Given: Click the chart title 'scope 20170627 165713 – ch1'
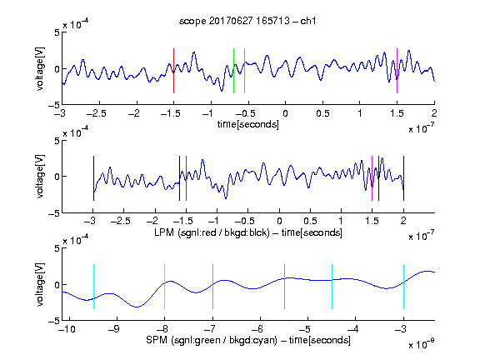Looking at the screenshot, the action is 247,21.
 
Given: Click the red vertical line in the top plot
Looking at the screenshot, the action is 174,71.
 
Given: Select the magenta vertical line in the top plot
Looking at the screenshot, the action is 397,71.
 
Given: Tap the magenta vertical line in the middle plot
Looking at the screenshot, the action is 372,178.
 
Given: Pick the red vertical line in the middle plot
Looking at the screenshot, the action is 186,178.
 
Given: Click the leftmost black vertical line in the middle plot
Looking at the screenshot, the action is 93,178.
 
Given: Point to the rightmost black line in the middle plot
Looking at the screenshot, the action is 404,178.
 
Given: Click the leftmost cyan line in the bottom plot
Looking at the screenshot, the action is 93,287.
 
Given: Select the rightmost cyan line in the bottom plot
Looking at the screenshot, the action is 404,287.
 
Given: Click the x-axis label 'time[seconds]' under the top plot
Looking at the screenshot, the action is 248,124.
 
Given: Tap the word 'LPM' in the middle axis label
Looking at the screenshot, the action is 164,232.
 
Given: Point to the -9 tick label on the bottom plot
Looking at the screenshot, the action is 114,329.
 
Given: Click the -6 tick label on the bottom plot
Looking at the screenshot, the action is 257,329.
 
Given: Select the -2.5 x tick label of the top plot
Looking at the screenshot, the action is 97,113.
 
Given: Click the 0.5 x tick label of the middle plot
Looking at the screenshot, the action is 310,221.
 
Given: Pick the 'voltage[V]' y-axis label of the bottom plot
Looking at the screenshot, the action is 40,284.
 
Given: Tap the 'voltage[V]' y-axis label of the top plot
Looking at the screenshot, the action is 40,68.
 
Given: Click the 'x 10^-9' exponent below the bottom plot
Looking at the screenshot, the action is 422,344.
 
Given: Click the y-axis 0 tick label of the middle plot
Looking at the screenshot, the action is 57,177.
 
